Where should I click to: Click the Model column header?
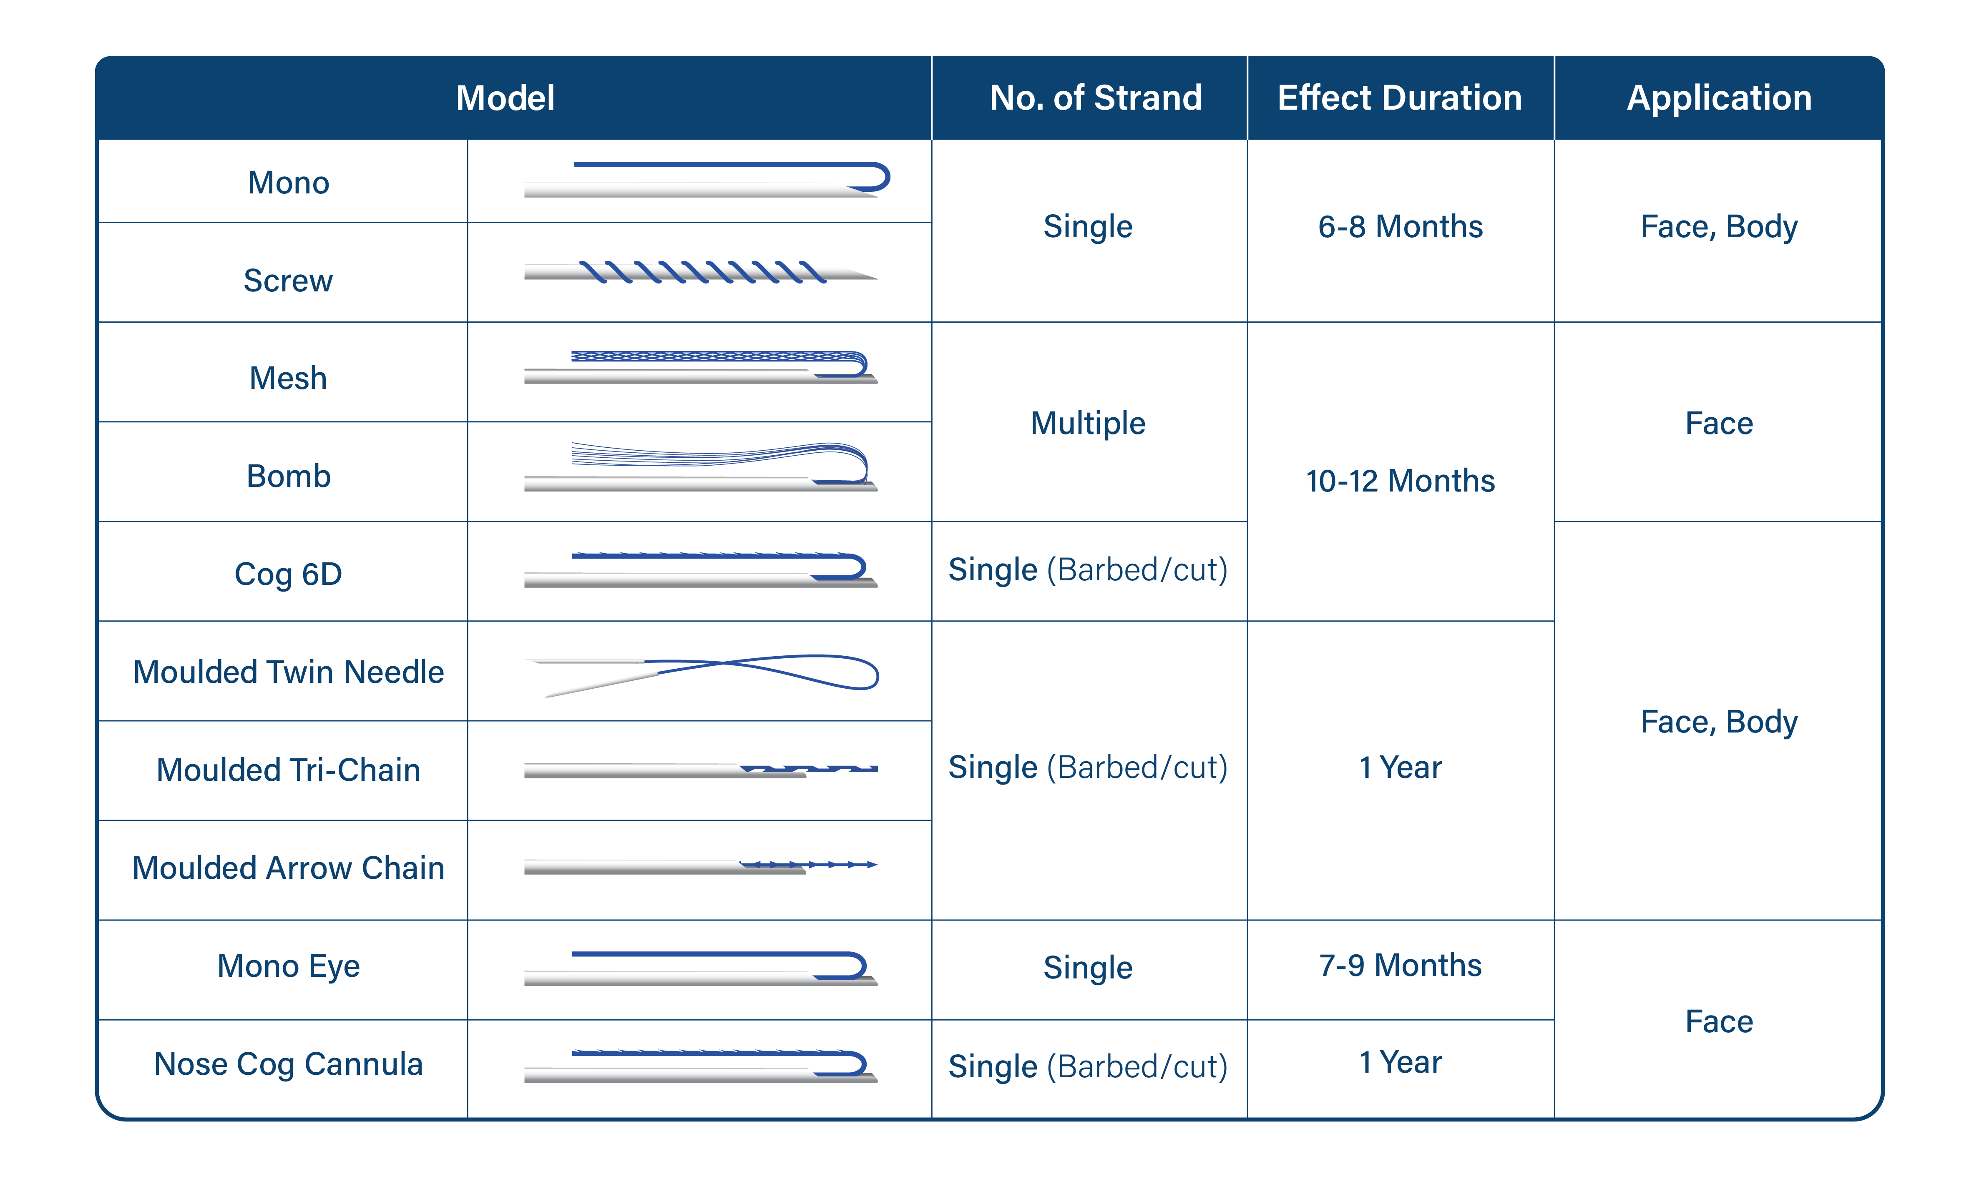pos(505,98)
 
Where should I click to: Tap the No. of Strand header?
pos(1096,98)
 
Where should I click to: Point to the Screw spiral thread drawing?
pos(700,272)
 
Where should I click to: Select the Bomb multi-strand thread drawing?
pos(700,466)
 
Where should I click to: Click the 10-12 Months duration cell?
pos(1400,481)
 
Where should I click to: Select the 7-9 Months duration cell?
pos(1400,965)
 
